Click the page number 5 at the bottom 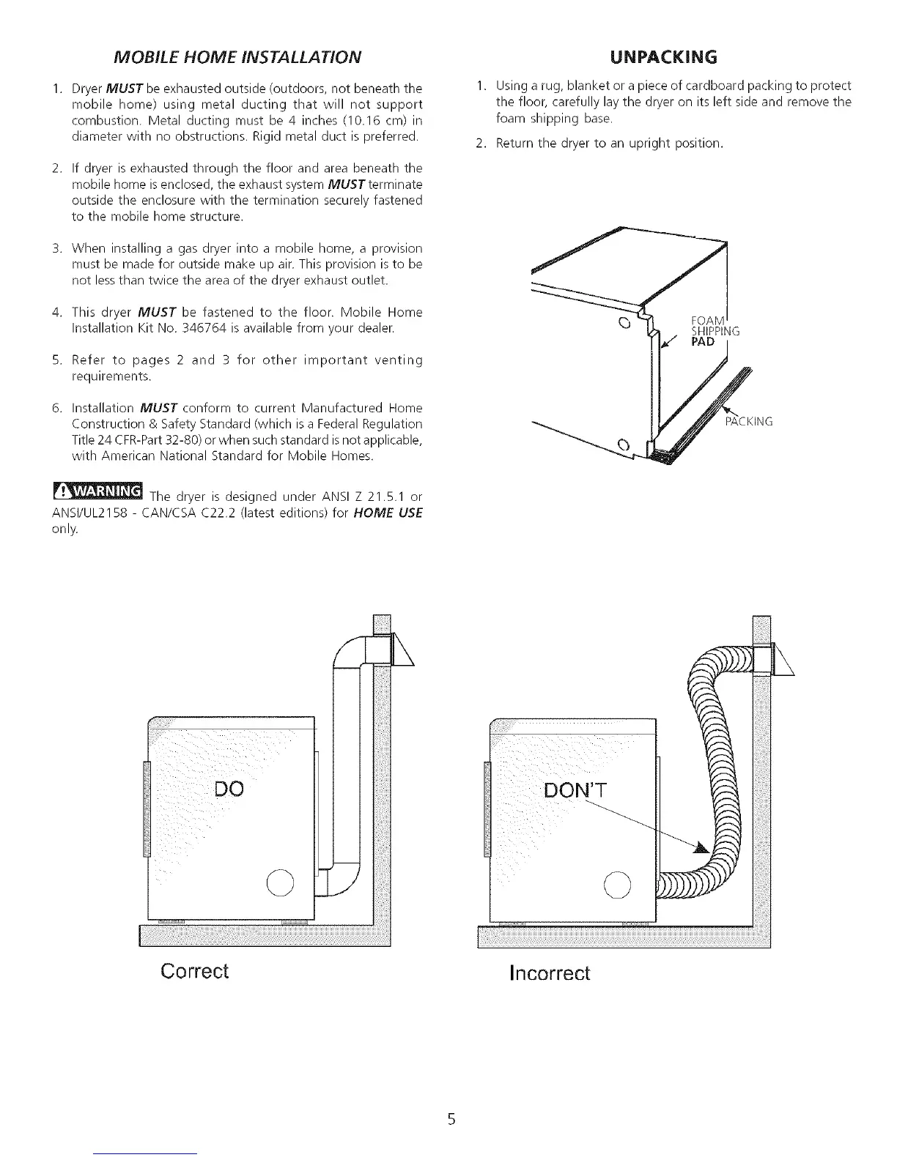pyautogui.click(x=451, y=1118)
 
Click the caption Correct pyautogui.click(x=194, y=972)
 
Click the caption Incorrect pyautogui.click(x=549, y=973)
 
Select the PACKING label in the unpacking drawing pyautogui.click(x=748, y=422)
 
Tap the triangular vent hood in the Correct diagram pyautogui.click(x=403, y=650)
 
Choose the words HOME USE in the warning pyautogui.click(x=388, y=513)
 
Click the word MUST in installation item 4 pyautogui.click(x=158, y=313)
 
